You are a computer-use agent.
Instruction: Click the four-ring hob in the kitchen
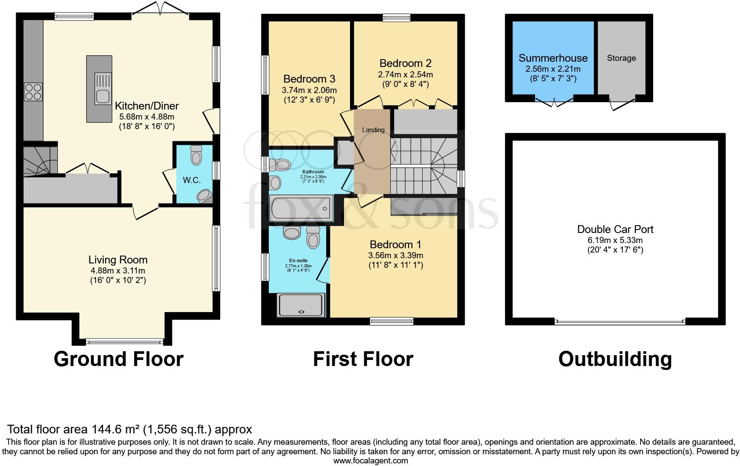pos(33,92)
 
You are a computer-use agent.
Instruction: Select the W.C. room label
pos(192,180)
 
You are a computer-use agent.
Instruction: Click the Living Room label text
pos(118,260)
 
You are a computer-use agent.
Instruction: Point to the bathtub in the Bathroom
pos(301,209)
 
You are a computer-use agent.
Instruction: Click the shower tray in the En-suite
pos(301,305)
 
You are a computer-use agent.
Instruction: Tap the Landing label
pos(373,130)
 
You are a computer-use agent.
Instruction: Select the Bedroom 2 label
pos(405,63)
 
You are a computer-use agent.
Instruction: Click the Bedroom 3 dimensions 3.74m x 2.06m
pos(309,90)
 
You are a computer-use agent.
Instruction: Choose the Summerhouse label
pos(553,58)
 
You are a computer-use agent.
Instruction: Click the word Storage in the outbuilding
pos(621,58)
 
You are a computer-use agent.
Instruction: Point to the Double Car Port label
pos(615,230)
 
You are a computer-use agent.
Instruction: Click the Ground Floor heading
pos(119,359)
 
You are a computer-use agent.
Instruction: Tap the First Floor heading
pos(363,359)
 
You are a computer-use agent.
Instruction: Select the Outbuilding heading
pos(614,359)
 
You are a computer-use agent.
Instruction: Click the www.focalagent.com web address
pos(370,461)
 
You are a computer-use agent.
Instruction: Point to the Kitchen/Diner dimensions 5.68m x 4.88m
pos(146,116)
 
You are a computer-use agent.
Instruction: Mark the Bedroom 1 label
pos(395,245)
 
